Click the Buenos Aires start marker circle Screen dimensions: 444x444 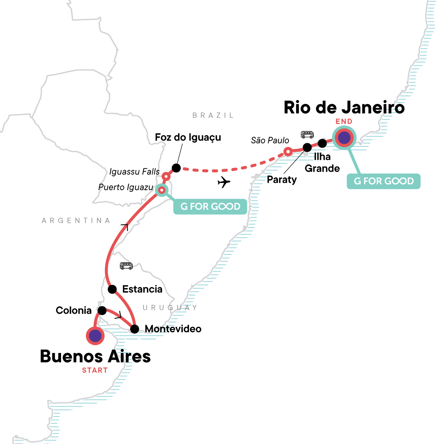point(95,336)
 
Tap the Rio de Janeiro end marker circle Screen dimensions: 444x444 point(344,138)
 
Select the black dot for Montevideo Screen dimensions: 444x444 point(135,329)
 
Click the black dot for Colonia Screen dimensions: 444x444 point(102,310)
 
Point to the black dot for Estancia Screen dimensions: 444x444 point(112,289)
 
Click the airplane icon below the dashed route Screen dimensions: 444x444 point(224,182)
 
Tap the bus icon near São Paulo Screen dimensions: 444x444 point(307,134)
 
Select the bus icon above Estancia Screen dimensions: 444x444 point(126,265)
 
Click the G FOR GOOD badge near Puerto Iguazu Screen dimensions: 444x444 point(210,206)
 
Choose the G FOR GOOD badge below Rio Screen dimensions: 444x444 point(384,181)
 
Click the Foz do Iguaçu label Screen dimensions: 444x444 point(188,137)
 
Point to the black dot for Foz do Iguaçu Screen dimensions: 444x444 point(176,168)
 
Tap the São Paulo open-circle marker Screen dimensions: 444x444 point(287,152)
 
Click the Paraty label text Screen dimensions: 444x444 point(282,180)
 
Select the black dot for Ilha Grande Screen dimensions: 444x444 point(322,143)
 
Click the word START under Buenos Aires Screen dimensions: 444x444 point(95,370)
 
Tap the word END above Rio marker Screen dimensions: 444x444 point(344,121)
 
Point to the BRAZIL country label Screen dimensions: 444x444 point(213,115)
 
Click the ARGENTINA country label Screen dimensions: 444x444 point(76,221)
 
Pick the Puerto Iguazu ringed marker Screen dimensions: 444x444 point(162,190)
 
